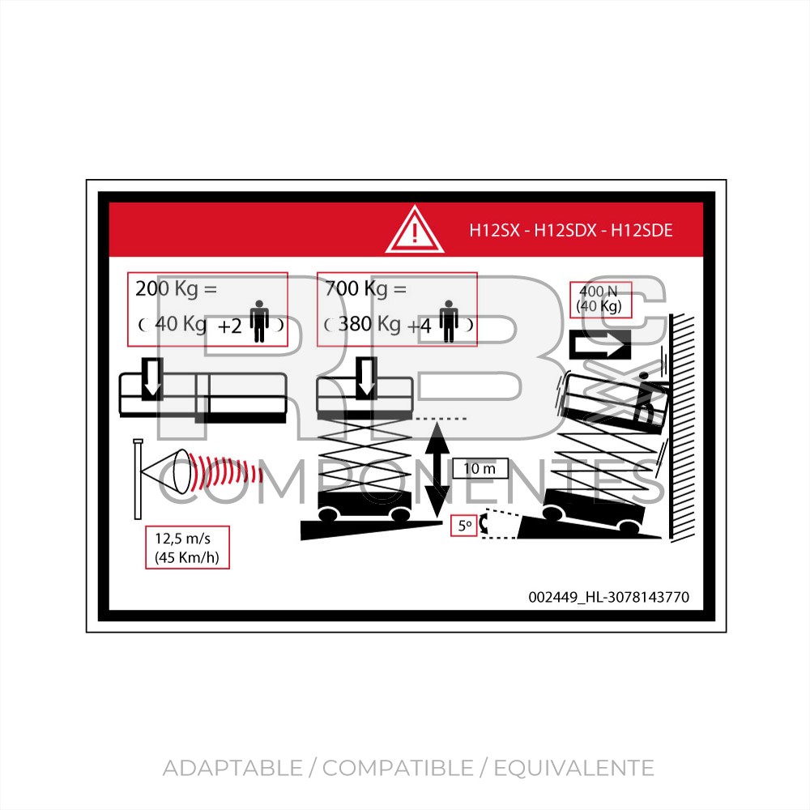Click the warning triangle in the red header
coord(414,230)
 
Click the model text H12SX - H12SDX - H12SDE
coord(571,230)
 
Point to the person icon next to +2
coord(259,322)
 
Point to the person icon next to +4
coord(449,322)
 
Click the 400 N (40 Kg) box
coord(600,299)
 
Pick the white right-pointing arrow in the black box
coord(599,344)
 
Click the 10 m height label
coord(480,468)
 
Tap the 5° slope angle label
coord(464,526)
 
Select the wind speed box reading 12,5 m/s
coord(187,548)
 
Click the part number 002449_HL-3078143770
coord(608,597)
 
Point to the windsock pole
coord(138,479)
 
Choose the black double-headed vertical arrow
coord(437,470)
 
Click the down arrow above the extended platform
coord(152,379)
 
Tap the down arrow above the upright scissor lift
coord(366,377)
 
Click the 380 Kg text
coord(369,325)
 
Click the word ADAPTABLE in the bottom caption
coord(232,768)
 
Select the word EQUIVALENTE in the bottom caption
coord(574,768)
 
